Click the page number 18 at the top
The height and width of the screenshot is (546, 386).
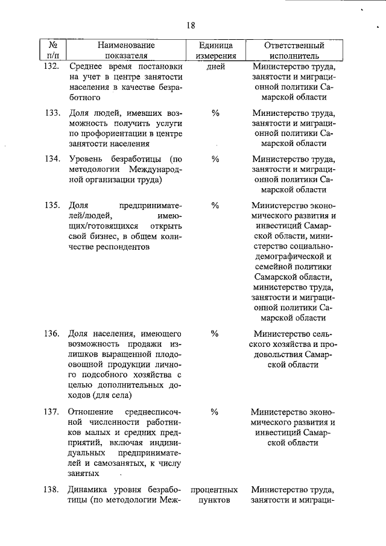pyautogui.click(x=191, y=25)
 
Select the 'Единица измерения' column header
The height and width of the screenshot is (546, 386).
pyautogui.click(x=214, y=50)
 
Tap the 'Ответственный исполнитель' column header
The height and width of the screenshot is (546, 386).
pyautogui.click(x=294, y=50)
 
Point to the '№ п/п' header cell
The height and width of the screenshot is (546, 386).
pyautogui.click(x=53, y=50)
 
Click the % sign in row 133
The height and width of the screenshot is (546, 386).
pyautogui.click(x=215, y=113)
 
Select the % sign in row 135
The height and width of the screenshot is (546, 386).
pyautogui.click(x=215, y=205)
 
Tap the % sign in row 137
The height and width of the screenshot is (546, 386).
pyautogui.click(x=215, y=412)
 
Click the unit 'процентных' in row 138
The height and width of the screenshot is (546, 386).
pyautogui.click(x=214, y=490)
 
